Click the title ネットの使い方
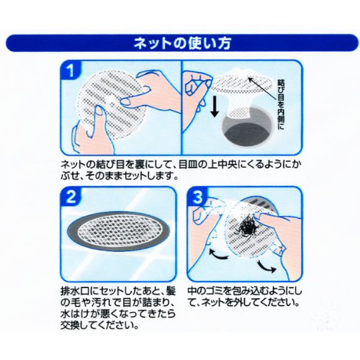pos(182,43)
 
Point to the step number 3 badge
pos(197,197)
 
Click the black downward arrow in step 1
pos(215,107)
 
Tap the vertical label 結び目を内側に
pos(282,104)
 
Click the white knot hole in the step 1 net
pos(110,100)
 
